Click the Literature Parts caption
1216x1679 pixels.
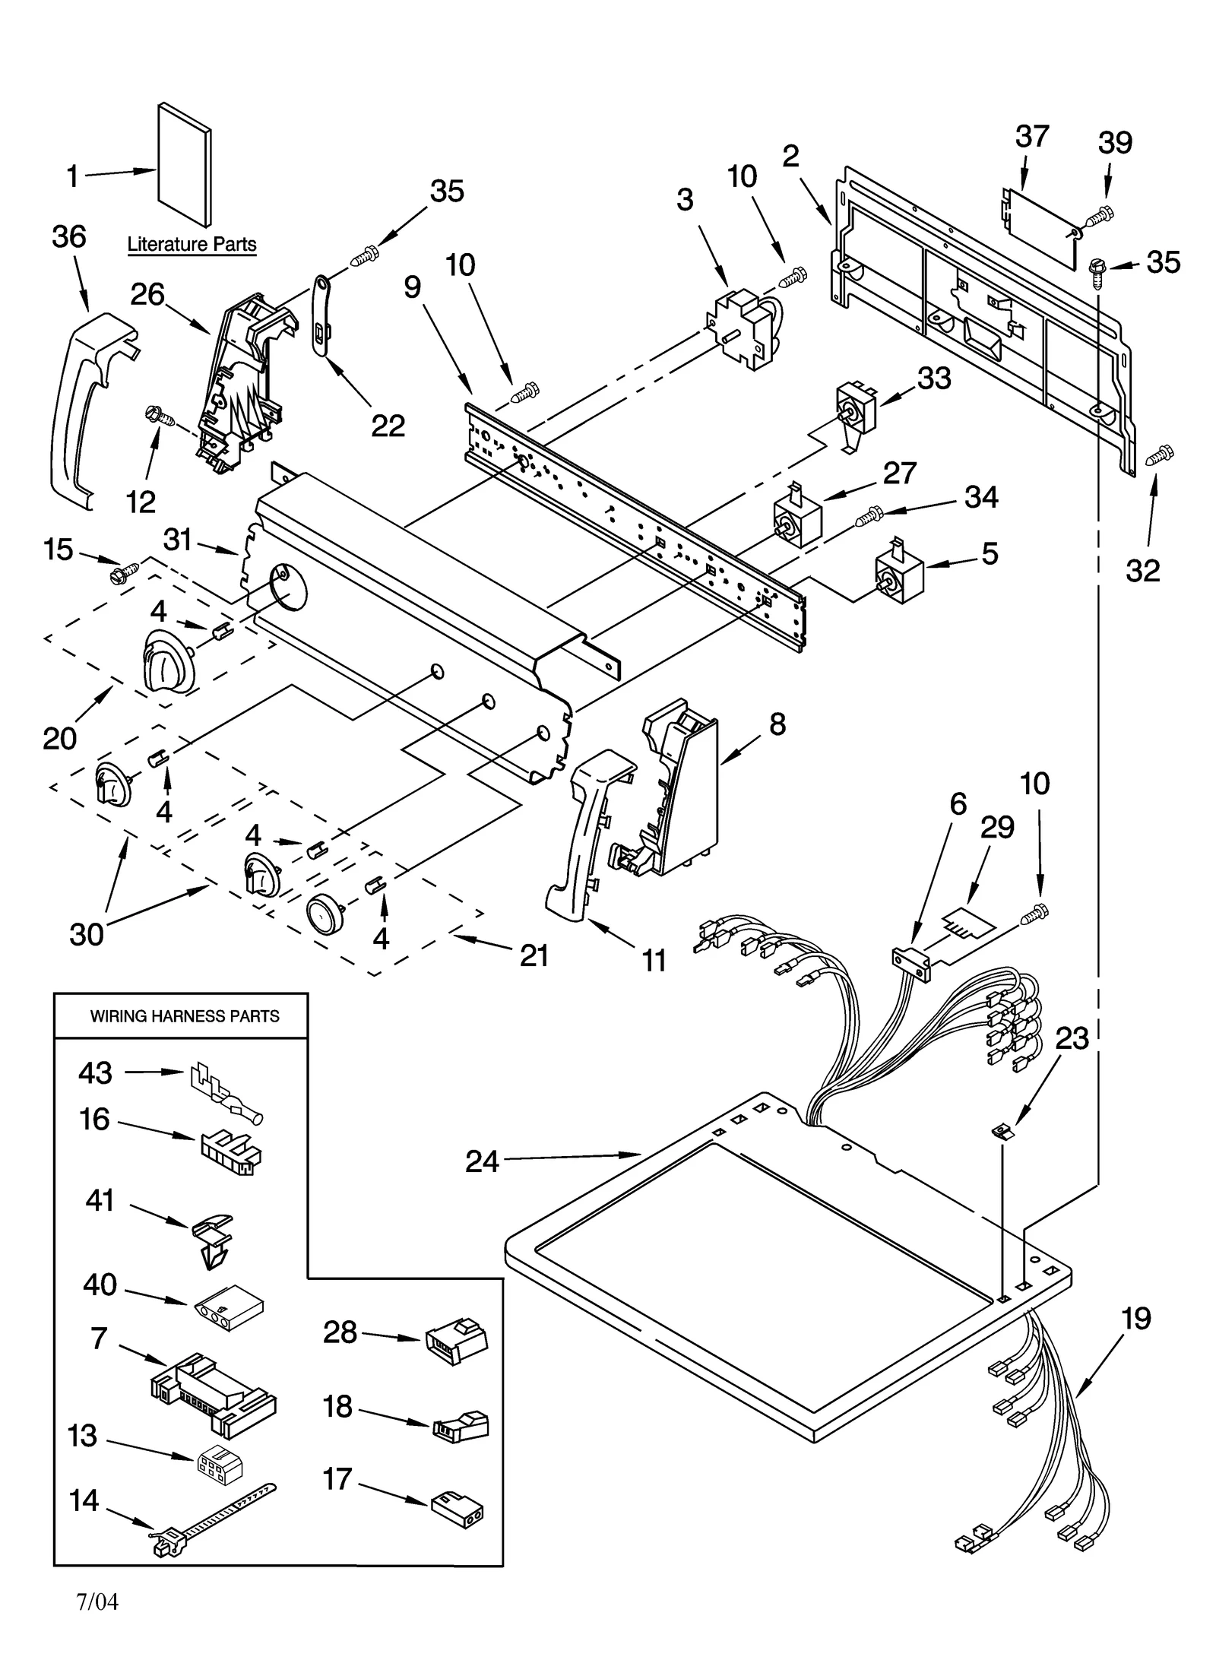[x=192, y=245]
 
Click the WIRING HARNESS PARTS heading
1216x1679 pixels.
[x=185, y=1016]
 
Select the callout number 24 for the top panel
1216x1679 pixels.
[x=482, y=1161]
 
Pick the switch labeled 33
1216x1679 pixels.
[x=856, y=411]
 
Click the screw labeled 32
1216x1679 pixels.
[x=1160, y=455]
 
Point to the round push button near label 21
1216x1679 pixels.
[x=325, y=913]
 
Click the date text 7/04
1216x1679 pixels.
[x=97, y=1603]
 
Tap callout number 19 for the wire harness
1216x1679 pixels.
[x=1136, y=1318]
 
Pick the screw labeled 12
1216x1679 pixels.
[x=160, y=416]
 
